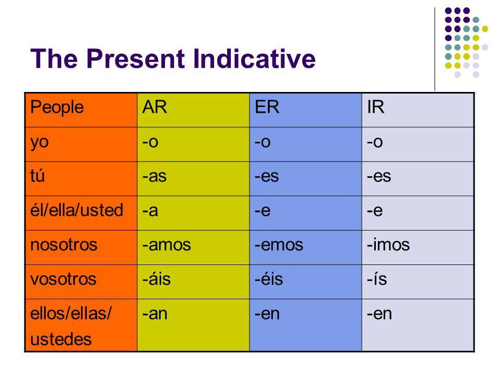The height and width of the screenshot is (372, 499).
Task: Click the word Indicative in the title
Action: point(254,58)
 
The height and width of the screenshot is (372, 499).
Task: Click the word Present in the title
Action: point(136,58)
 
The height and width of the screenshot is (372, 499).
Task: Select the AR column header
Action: point(154,107)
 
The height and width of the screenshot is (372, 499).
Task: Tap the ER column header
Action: point(267,107)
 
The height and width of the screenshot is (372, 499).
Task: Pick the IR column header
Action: point(375,107)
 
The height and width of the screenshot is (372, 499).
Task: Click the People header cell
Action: point(57,107)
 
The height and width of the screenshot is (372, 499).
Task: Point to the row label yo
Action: point(40,142)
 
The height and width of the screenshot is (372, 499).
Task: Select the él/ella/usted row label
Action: point(77,210)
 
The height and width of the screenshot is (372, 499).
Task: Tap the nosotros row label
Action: point(63,245)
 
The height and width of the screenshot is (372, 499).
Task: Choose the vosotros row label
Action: point(63,279)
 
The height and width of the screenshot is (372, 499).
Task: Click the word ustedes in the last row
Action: point(61,339)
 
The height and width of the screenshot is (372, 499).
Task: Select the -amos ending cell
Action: point(166,245)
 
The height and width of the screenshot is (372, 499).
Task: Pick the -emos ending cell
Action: point(279,245)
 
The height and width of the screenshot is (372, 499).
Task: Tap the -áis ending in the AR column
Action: point(156,278)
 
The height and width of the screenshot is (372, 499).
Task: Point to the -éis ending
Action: point(269,278)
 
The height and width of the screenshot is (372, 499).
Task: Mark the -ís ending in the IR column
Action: point(377,278)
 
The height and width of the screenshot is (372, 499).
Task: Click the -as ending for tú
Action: point(154,176)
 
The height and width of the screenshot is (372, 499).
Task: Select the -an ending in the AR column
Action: point(155,314)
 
